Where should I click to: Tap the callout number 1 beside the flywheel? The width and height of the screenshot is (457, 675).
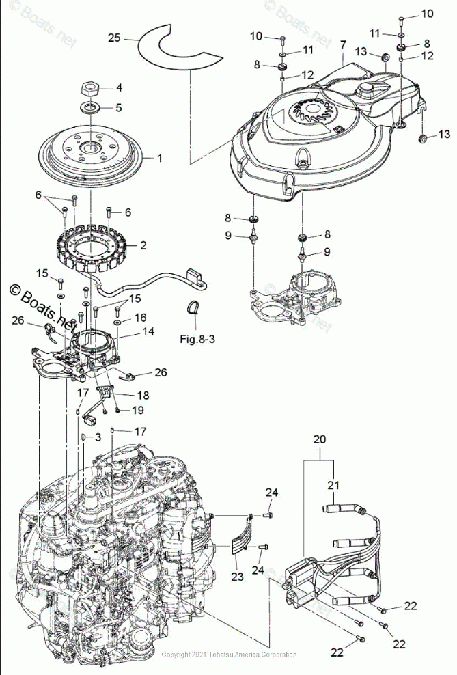[159, 158]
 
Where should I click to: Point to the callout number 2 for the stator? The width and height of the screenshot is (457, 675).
[143, 244]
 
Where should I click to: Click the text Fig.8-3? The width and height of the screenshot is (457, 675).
[197, 338]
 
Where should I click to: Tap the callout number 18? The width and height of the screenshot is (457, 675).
[143, 395]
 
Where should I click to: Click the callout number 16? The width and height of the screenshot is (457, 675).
[139, 318]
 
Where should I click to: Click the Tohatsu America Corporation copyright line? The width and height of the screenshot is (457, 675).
[229, 655]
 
